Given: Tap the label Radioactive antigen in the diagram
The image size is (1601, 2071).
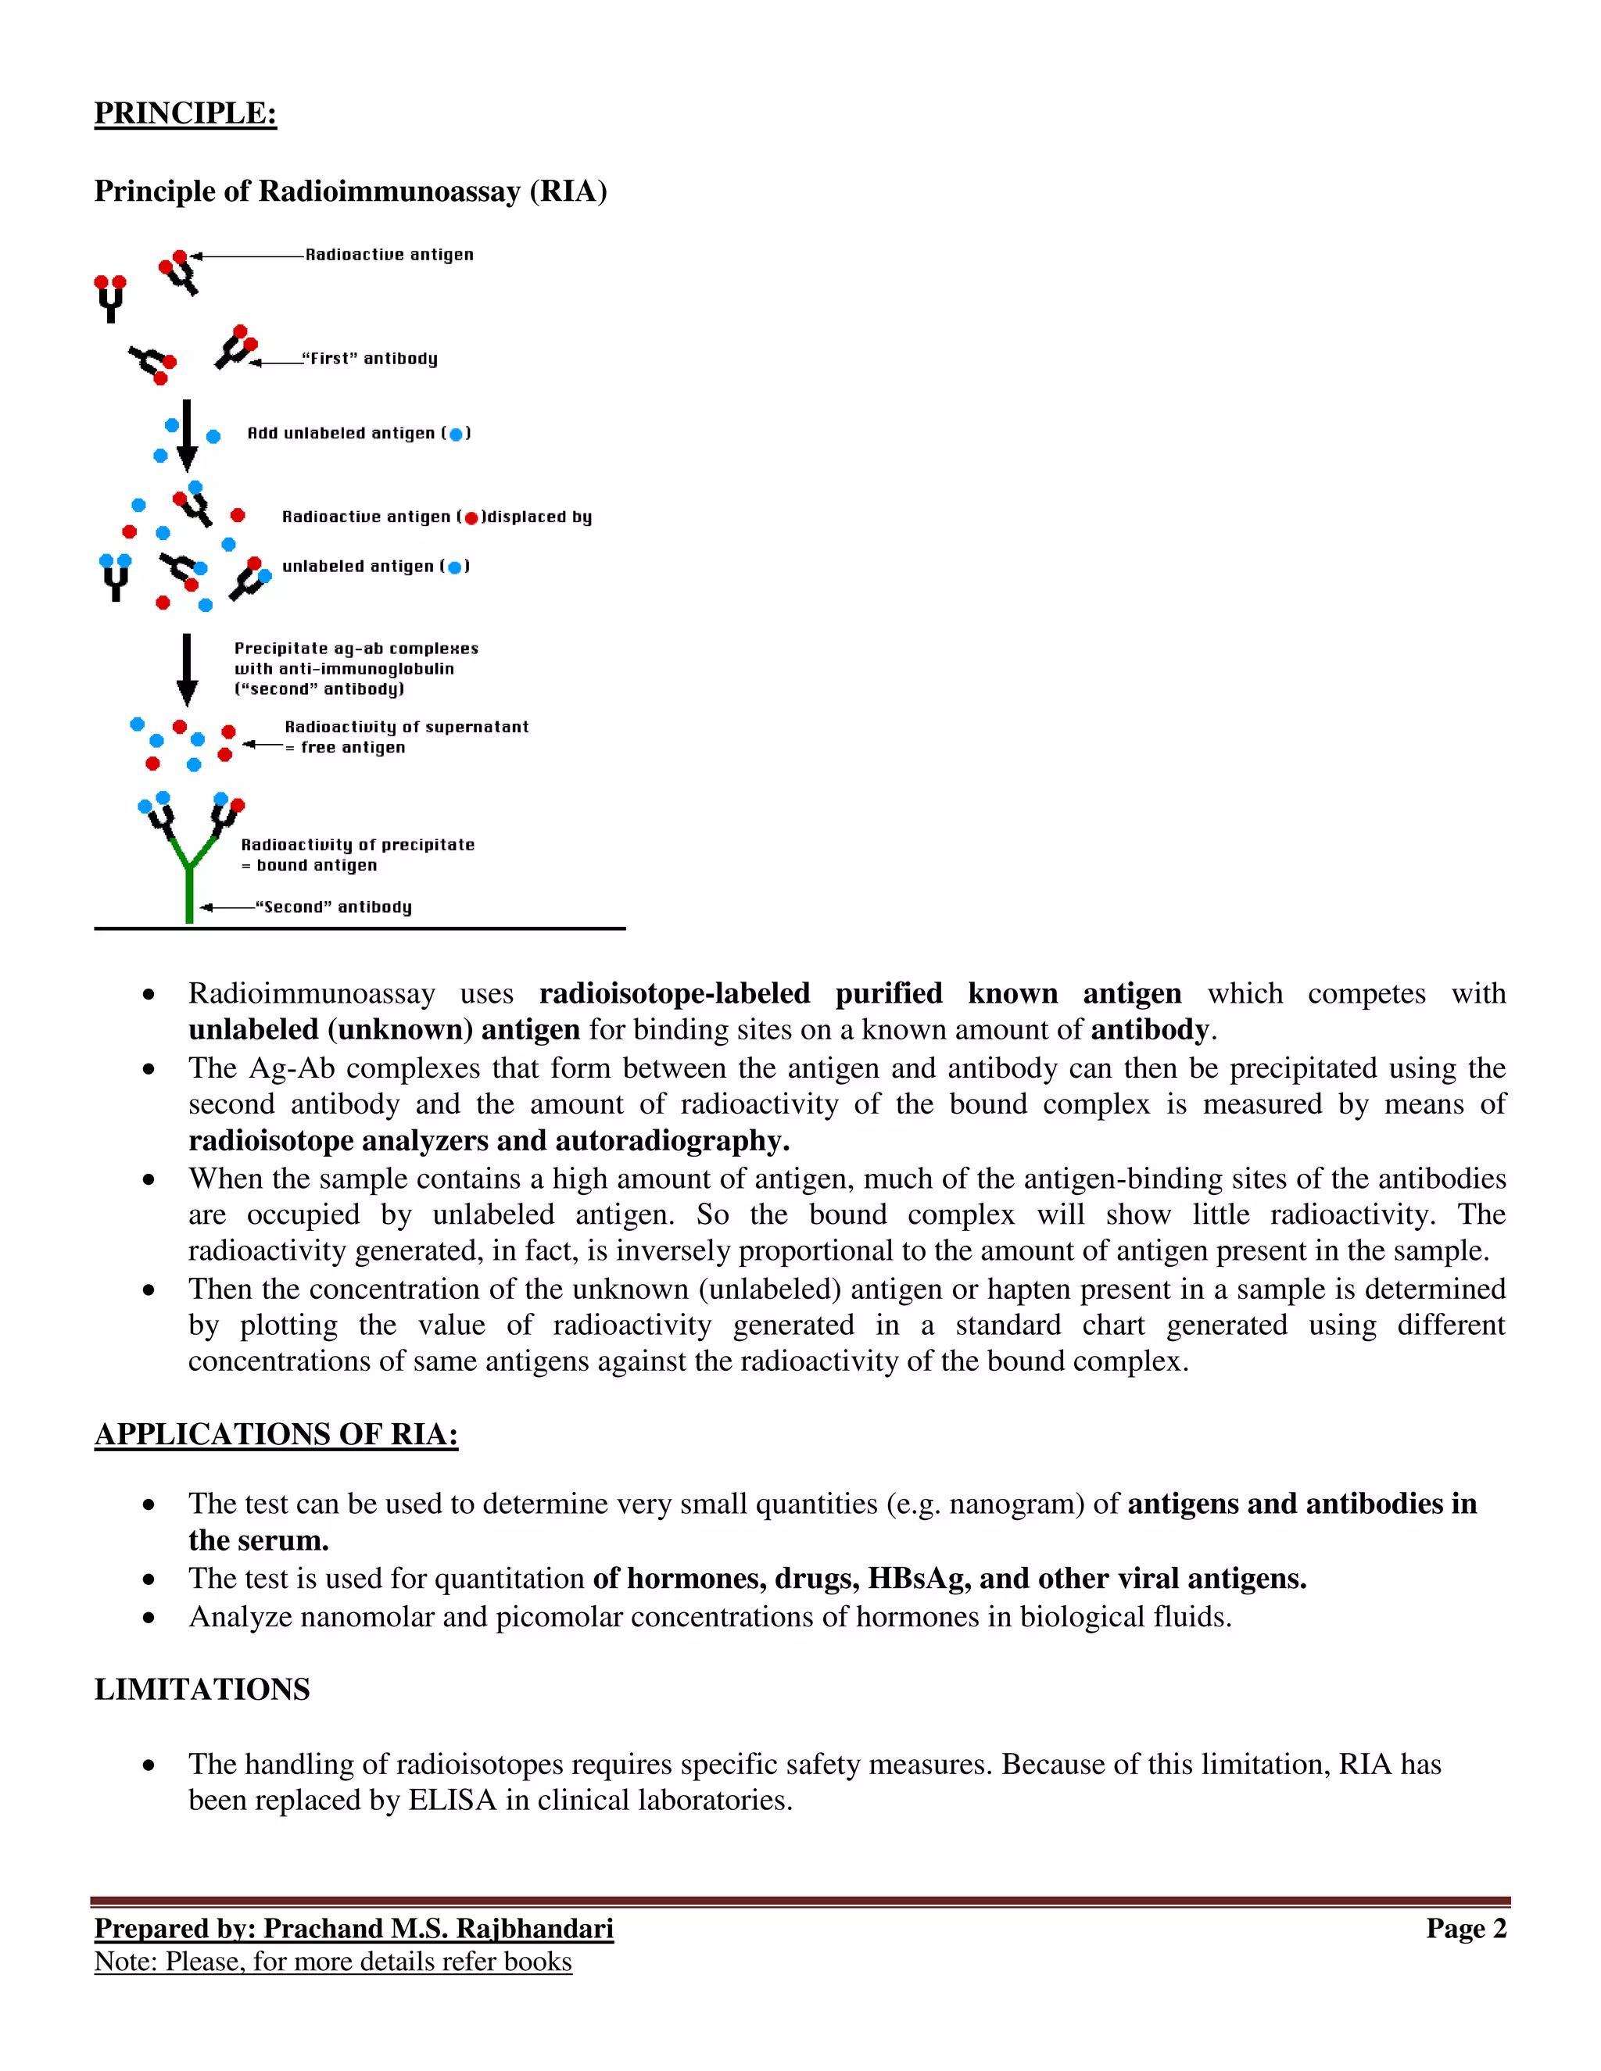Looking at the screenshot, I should click(389, 254).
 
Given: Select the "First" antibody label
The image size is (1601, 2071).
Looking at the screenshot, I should click(369, 359).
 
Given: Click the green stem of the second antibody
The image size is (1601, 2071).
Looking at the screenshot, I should click(190, 892).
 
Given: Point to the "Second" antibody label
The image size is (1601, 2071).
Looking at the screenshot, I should click(333, 907).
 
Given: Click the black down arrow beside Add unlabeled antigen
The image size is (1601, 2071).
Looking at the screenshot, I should click(188, 435).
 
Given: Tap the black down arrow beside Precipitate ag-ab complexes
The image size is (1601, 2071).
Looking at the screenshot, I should click(188, 668).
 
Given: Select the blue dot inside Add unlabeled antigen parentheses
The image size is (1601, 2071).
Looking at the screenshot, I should click(457, 435).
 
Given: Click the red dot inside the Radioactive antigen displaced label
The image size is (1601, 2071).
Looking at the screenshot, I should click(471, 517).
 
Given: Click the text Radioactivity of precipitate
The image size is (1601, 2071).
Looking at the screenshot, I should click(357, 844).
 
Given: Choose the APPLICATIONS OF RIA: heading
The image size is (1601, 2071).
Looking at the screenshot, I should click(276, 1434).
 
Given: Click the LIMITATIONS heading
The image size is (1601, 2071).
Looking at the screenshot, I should click(202, 1689).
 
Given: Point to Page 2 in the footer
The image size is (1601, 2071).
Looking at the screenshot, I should click(1466, 1929).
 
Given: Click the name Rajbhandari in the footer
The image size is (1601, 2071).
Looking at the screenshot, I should click(535, 1929).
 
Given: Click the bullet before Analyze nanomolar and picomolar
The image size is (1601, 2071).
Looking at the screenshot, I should click(149, 1618).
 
